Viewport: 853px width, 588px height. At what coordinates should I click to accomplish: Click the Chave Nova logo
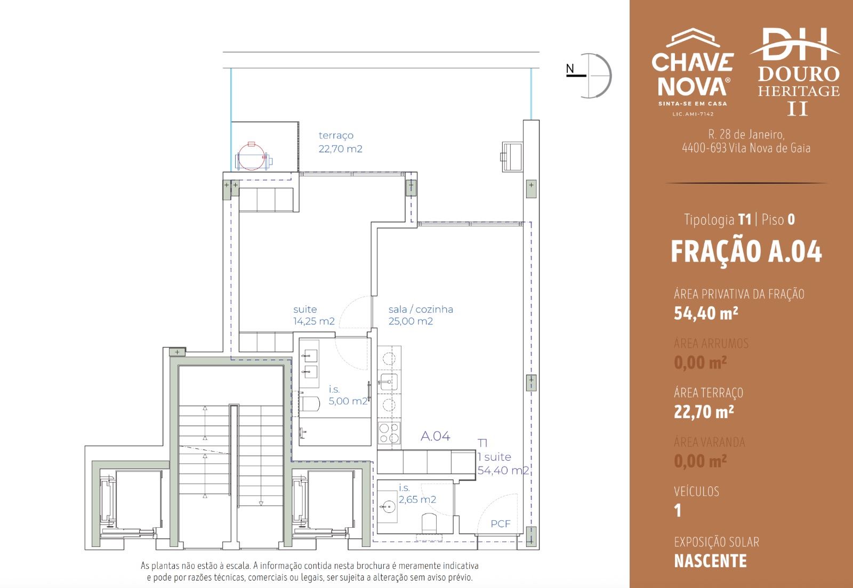point(693,72)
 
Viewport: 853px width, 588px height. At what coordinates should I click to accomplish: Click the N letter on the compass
point(570,69)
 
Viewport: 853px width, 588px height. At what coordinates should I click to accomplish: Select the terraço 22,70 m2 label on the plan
point(340,142)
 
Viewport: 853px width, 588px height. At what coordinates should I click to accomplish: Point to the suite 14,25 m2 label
point(314,315)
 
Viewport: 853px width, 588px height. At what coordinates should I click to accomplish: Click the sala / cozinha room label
point(421,309)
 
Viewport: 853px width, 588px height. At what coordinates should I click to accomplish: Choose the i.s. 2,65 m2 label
point(417,494)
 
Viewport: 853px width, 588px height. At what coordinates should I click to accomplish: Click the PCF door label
point(501,524)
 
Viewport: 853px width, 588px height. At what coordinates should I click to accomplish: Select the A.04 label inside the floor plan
point(435,436)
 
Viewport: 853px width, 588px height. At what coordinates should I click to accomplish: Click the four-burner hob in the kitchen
point(389,433)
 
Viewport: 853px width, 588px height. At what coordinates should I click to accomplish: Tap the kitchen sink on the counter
point(389,382)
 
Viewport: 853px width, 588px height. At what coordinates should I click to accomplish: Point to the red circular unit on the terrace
point(251,156)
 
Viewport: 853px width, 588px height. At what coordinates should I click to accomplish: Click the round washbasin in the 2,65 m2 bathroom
point(389,506)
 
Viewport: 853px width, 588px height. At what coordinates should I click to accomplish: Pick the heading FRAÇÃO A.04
point(746,252)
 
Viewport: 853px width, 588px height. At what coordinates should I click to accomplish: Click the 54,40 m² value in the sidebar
point(706,313)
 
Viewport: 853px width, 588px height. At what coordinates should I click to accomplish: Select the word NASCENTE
point(710,561)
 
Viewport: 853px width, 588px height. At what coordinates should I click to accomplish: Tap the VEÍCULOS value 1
point(678,511)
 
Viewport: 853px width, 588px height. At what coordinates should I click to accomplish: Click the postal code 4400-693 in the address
point(704,148)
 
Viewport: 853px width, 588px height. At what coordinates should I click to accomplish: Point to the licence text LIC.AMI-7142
point(693,114)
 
